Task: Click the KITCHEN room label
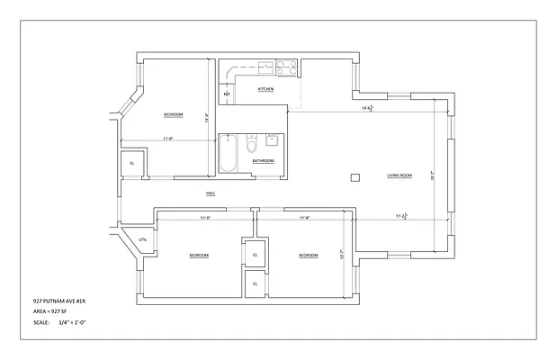click(x=265, y=90)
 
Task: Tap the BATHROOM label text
click(x=263, y=161)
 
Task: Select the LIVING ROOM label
click(x=399, y=175)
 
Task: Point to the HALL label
click(x=210, y=193)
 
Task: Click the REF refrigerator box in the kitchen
click(x=227, y=94)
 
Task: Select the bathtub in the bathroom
click(x=229, y=155)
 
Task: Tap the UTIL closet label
click(x=143, y=239)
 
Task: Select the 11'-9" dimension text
click(x=204, y=218)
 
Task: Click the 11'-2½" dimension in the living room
click(x=402, y=217)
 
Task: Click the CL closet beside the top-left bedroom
click(x=132, y=163)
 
